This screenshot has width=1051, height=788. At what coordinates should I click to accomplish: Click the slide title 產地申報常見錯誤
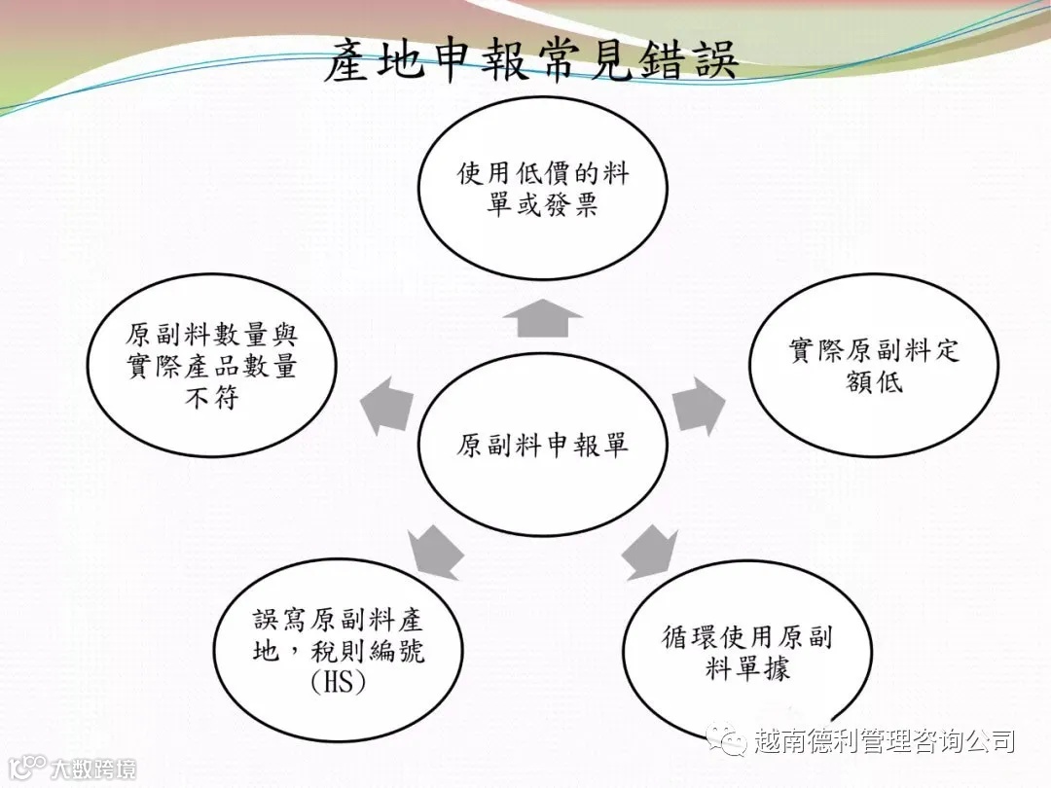click(x=530, y=60)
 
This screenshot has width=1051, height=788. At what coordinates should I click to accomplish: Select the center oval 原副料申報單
click(x=543, y=446)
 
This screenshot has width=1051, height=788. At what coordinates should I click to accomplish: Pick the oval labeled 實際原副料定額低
click(x=873, y=366)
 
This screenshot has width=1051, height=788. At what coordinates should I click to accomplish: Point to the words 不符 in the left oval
click(x=211, y=398)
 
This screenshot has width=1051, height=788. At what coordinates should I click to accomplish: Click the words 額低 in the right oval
click(x=873, y=381)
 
